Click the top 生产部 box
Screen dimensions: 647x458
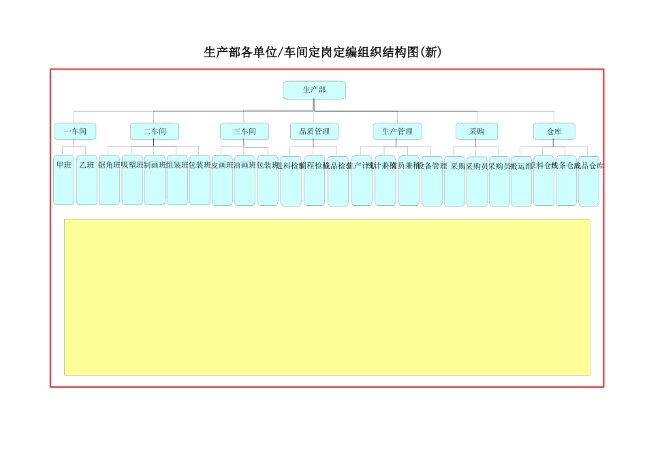coord(314,90)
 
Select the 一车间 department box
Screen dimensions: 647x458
coord(75,132)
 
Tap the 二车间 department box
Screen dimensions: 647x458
coord(155,132)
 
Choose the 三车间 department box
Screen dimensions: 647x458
coord(244,132)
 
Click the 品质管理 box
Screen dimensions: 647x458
coord(314,132)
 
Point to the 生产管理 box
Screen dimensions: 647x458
coord(397,132)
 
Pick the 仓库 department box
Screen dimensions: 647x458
coord(554,132)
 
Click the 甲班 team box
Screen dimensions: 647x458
coord(63,180)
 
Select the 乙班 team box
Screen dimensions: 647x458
coord(86,180)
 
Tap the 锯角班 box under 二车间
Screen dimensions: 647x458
coord(109,180)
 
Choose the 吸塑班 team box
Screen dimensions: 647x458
coord(132,180)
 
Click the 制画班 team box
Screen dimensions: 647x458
coord(155,180)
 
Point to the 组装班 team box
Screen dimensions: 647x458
coord(177,180)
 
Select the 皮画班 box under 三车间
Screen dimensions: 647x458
coord(222,180)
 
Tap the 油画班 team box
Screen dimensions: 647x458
coord(244,180)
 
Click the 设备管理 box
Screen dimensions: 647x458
coord(432,181)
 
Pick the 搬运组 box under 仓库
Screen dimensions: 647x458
coord(521,181)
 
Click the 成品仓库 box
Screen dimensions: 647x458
coord(588,181)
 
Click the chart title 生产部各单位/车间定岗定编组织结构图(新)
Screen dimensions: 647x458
coord(323,52)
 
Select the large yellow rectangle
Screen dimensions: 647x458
coord(327,296)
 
